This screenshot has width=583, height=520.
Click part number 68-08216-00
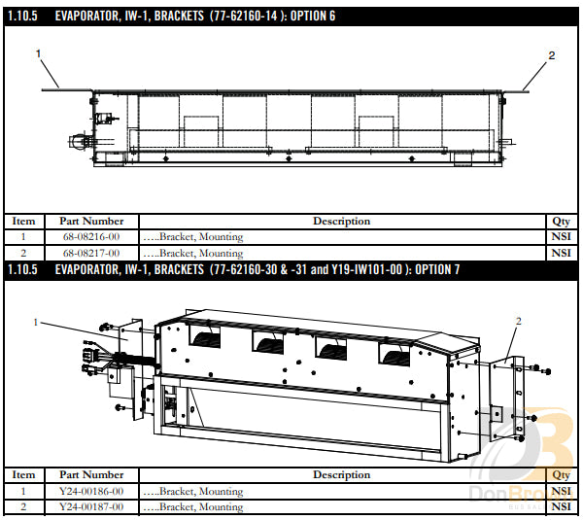point(91,237)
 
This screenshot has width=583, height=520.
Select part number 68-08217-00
point(91,254)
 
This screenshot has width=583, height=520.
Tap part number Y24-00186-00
point(91,492)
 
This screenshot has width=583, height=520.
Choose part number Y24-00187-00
point(91,507)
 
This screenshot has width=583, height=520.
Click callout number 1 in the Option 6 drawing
point(38,53)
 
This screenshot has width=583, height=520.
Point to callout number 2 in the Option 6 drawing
point(551,55)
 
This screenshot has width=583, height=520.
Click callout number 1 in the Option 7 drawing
point(36,322)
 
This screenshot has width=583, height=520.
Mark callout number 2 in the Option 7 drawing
point(519,321)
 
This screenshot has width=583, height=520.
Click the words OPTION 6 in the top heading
point(313,16)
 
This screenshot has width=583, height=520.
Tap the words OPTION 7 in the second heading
point(437,269)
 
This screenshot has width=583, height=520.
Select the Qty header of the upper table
point(561,222)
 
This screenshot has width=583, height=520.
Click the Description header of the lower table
point(342,475)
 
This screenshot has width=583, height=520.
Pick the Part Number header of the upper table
point(91,222)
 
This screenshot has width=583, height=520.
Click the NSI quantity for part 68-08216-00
point(561,237)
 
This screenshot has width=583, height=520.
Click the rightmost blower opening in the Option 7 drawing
point(394,355)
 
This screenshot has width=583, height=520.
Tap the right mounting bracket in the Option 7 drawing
point(507,398)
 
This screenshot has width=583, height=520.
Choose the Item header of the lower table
point(23,475)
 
